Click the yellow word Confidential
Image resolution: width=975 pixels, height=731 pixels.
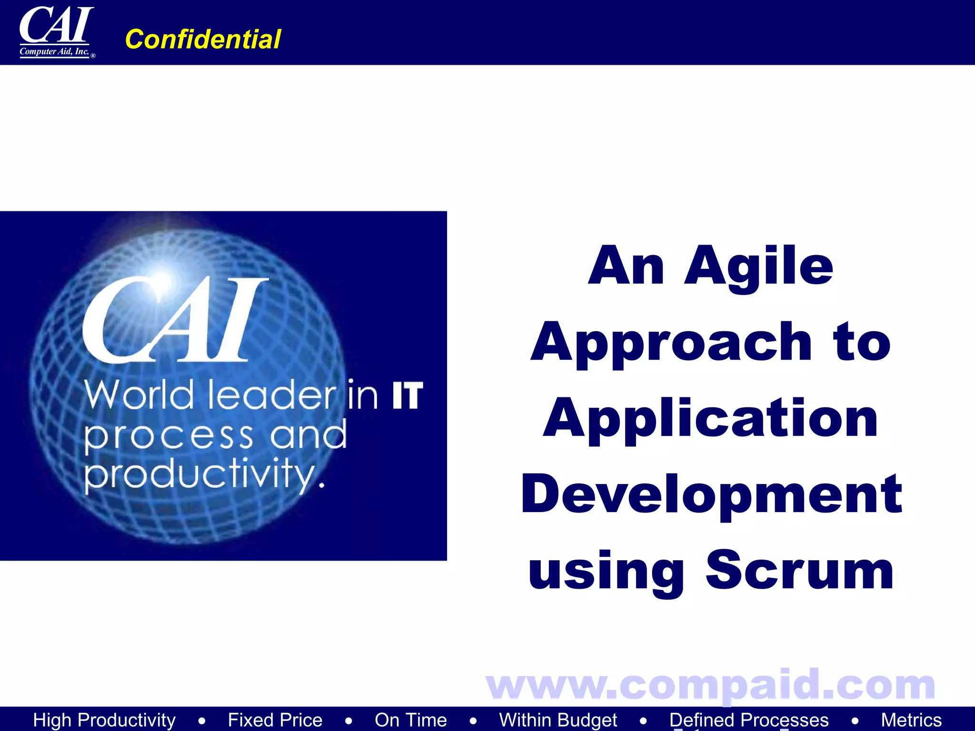(203, 39)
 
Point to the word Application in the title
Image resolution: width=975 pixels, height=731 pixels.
(710, 419)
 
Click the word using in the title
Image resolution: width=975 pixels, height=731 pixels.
(606, 571)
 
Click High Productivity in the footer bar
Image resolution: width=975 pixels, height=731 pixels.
(104, 720)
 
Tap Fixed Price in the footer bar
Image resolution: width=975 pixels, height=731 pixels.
(275, 720)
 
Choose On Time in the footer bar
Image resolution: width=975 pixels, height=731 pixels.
(410, 720)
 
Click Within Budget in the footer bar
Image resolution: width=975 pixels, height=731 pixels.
(558, 720)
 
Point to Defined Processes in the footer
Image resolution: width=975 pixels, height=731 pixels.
(749, 720)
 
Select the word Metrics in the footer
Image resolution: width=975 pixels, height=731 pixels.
(911, 720)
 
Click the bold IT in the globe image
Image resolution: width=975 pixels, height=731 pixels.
(408, 395)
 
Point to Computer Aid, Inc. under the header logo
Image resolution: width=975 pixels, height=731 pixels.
(54, 51)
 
